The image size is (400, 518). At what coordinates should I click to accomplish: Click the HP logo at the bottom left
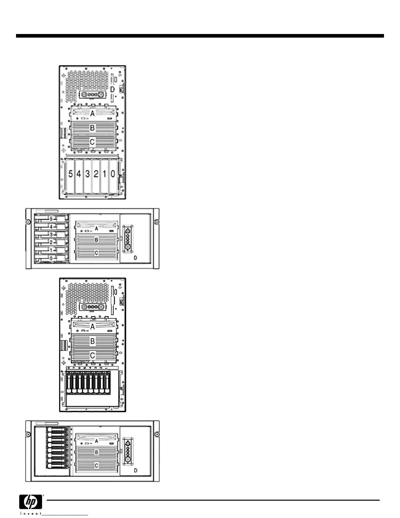pos(31,501)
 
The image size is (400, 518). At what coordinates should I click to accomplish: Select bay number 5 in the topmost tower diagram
pos(71,174)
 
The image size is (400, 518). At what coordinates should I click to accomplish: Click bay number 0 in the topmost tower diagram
pos(113,174)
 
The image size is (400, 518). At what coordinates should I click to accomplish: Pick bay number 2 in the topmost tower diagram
pos(96,174)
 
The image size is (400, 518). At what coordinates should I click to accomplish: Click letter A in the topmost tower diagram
pos(92,113)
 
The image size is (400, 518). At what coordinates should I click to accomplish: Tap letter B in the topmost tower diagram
pos(92,128)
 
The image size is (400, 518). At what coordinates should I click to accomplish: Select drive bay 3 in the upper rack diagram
pos(51,234)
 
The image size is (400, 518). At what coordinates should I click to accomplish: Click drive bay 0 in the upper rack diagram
pos(51,258)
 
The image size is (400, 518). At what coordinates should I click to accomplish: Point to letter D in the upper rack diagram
pos(135,258)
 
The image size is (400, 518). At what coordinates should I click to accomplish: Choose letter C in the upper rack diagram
pos(96,253)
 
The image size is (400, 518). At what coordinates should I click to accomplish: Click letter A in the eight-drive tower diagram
pos(92,326)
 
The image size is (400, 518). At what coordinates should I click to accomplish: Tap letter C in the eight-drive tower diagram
pos(92,355)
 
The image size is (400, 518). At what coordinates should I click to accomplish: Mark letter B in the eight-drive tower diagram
pos(92,341)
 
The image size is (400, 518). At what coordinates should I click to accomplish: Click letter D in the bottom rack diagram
pos(136,471)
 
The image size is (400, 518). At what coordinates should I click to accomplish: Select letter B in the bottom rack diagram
pos(96,453)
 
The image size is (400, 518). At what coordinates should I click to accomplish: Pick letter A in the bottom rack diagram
pos(96,441)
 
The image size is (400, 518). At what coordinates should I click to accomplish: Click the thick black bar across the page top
pos(200,36)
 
